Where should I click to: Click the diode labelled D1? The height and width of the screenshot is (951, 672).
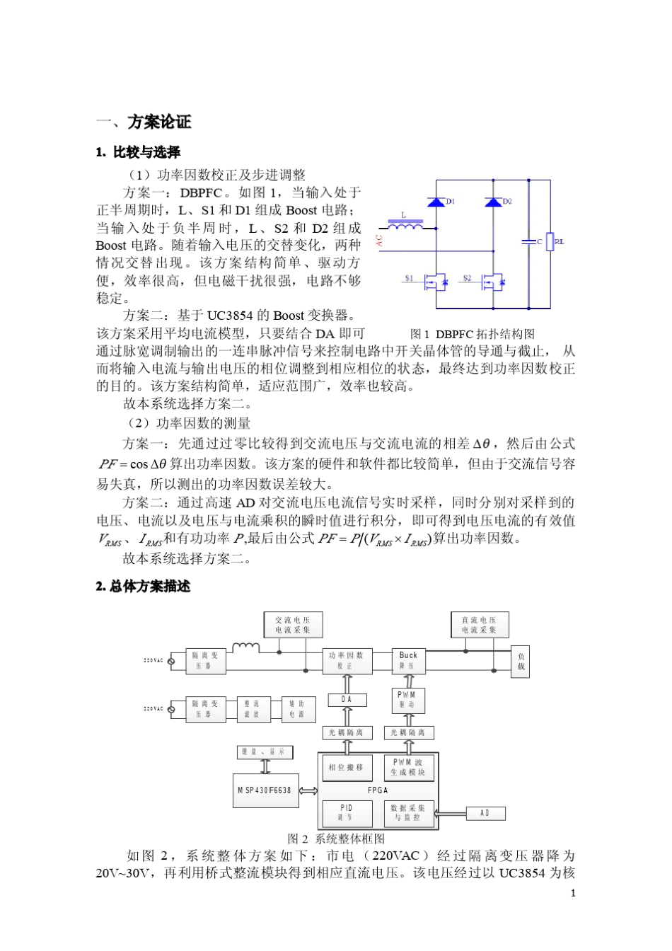[436, 202]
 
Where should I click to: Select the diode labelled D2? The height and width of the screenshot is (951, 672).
[493, 202]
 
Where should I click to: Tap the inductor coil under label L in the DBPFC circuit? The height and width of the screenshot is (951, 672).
[405, 226]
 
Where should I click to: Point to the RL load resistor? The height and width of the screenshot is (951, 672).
[550, 241]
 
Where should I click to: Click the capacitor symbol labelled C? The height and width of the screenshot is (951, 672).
[528, 242]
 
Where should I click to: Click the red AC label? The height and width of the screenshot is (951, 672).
[380, 241]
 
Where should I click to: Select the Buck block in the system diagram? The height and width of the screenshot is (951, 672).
[408, 660]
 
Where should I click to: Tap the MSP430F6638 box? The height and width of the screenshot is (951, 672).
[265, 790]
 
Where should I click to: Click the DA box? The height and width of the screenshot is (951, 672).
[347, 700]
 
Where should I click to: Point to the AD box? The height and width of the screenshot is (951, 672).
[485, 813]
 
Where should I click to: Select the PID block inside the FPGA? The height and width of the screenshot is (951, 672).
[346, 812]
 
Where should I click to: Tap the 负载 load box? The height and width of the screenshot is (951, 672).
[521, 662]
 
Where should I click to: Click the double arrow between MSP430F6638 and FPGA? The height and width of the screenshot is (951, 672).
[308, 790]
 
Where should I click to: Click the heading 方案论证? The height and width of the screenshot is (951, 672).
[159, 122]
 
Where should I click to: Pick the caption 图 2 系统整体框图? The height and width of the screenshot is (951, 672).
[336, 838]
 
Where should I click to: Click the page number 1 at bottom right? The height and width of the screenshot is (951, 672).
[573, 892]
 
